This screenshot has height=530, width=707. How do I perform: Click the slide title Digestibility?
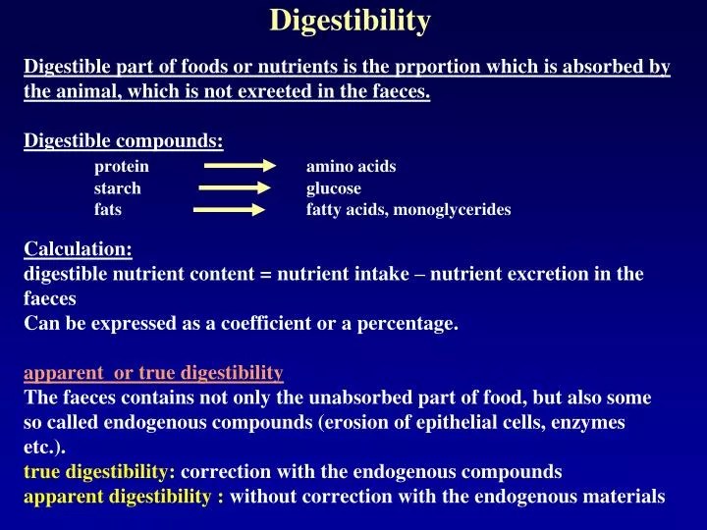350,21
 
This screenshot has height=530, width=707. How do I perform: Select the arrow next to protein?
240,166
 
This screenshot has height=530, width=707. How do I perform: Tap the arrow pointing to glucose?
235,187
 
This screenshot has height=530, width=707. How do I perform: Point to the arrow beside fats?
229,210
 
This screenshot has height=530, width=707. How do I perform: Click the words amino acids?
352,166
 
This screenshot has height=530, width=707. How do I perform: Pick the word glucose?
334,188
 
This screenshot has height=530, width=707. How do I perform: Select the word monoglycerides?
453,210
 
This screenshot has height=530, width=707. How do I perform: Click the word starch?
118,187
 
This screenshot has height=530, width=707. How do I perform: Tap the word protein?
122,167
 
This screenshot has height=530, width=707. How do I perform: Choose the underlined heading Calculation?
78,248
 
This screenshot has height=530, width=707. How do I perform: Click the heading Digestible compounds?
124,141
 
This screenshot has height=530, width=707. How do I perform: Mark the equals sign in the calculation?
266,275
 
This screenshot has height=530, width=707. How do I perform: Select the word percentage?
408,324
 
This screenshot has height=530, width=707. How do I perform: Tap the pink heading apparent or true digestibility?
154,373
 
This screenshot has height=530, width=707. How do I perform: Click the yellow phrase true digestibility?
95,472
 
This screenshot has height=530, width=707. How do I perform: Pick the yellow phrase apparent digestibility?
117,497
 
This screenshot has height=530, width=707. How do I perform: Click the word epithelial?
450,423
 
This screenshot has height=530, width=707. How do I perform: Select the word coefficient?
266,323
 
